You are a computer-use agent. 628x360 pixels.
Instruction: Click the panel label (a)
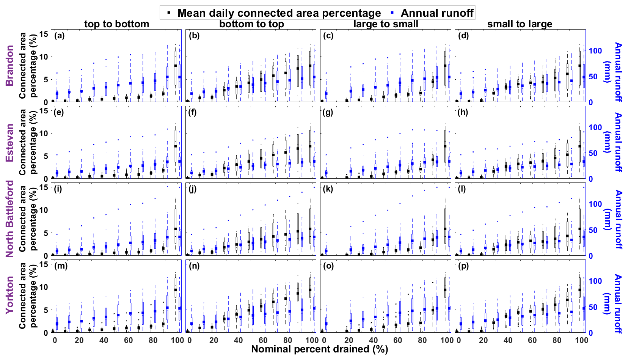[59, 36]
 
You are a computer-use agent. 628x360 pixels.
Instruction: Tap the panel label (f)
[193, 113]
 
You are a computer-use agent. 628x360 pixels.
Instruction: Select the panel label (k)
[328, 189]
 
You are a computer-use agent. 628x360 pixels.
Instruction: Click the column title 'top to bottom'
[116, 24]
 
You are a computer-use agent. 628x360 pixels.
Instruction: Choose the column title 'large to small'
[386, 24]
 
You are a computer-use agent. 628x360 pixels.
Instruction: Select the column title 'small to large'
[520, 24]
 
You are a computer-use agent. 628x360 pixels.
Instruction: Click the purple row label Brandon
[10, 65]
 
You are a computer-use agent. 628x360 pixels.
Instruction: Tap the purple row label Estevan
[10, 142]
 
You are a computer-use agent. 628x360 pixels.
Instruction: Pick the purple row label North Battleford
[10, 219]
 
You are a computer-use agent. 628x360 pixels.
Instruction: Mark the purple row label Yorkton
[10, 295]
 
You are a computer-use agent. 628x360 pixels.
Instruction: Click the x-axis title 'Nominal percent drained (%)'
[319, 349]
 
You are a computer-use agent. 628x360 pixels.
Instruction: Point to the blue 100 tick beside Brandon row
[595, 50]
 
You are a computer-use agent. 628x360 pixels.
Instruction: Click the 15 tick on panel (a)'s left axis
[44, 34]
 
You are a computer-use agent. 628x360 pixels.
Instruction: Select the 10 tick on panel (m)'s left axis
[44, 287]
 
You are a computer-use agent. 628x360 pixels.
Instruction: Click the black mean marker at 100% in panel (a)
[175, 66]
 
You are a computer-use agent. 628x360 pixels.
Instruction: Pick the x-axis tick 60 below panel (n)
[263, 340]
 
